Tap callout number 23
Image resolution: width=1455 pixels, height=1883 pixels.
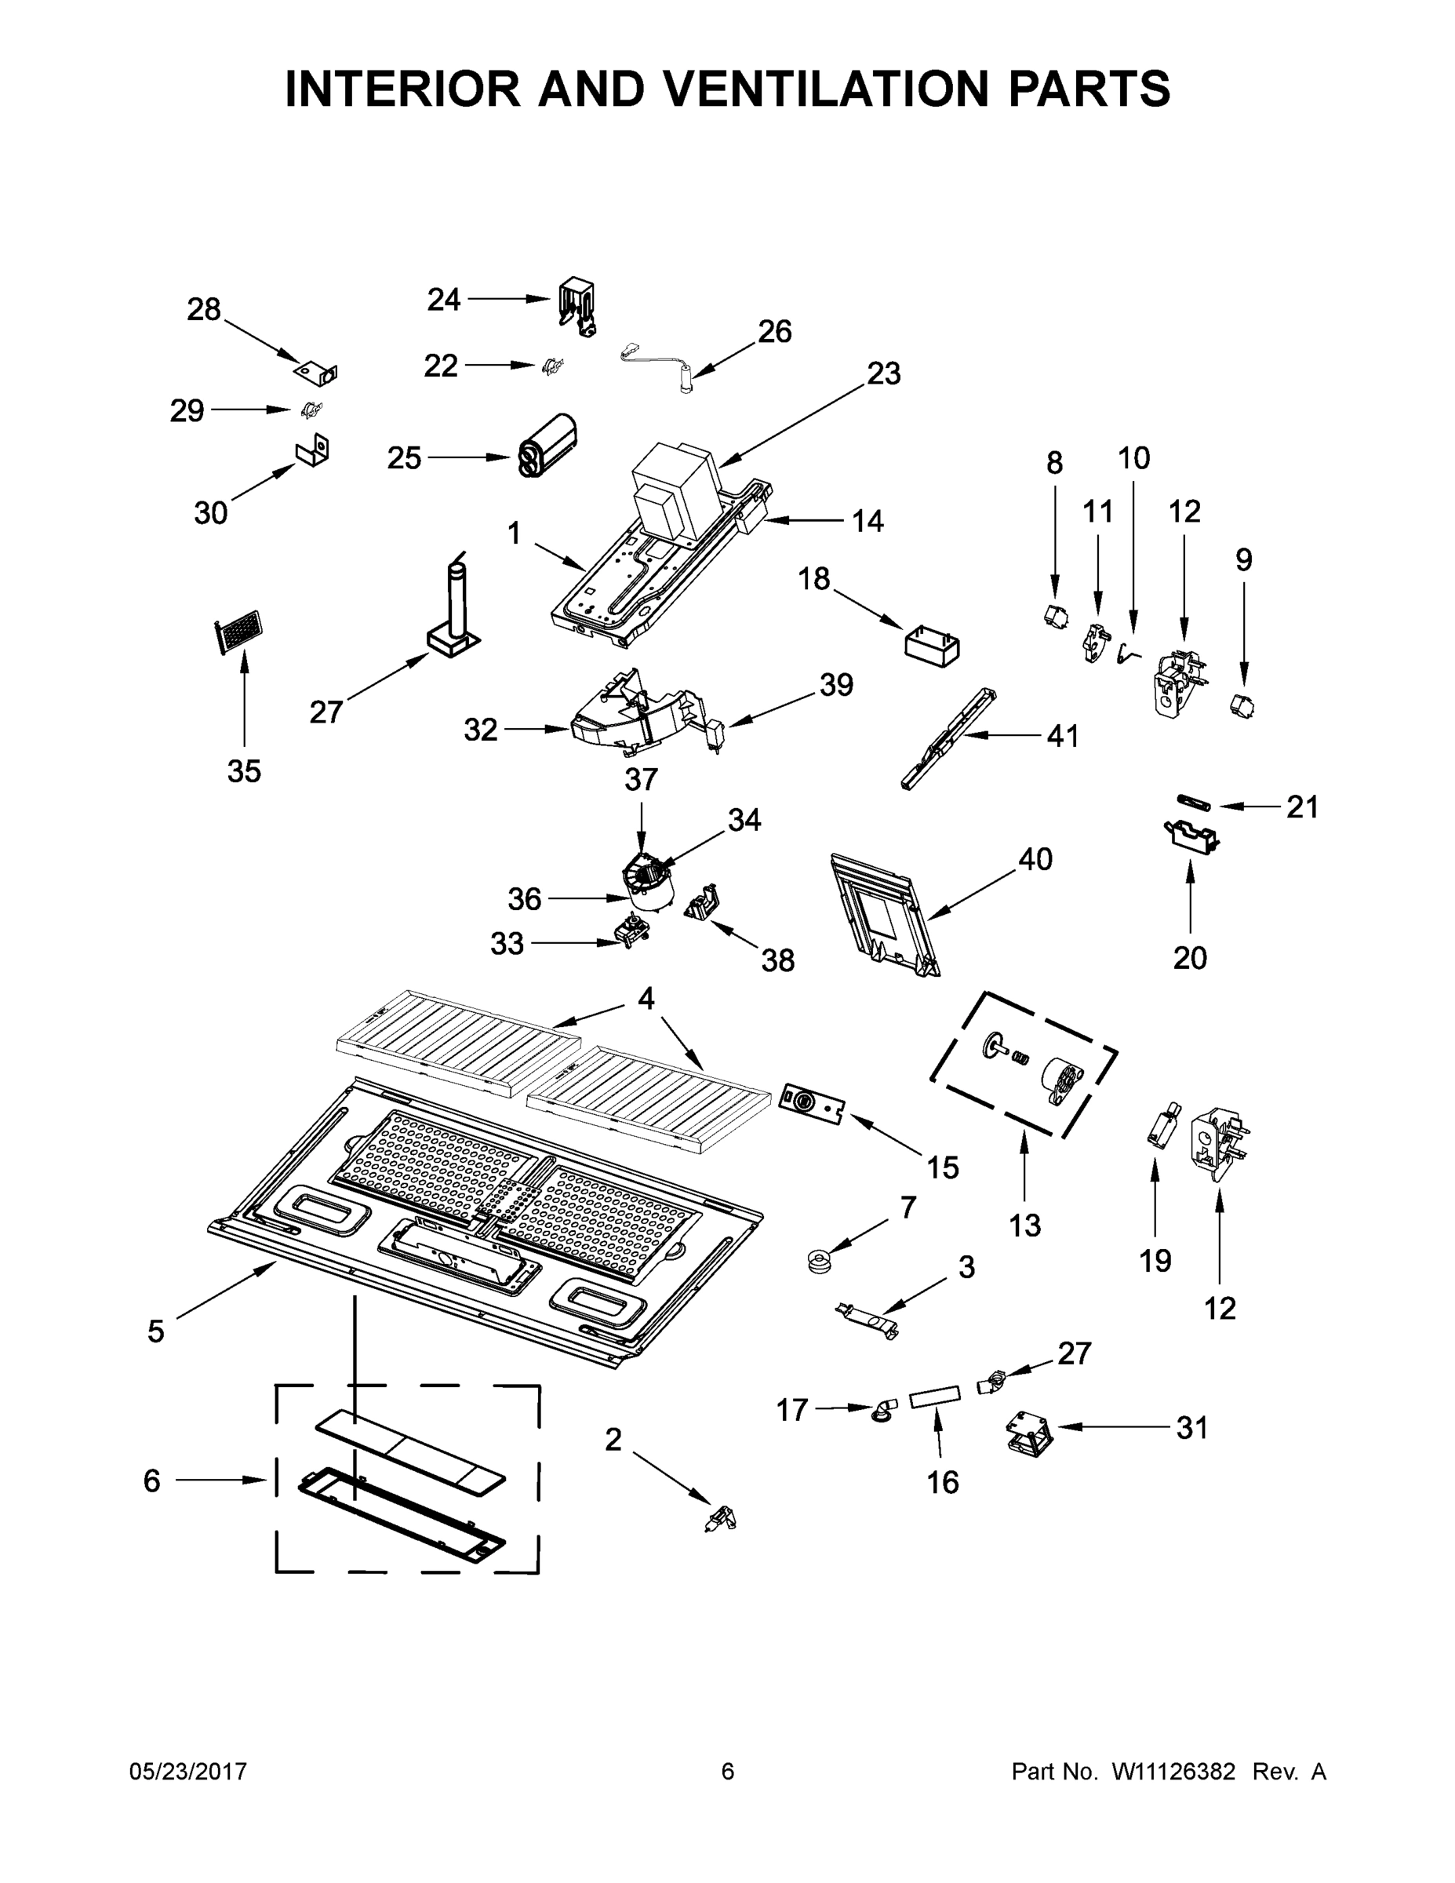tap(882, 373)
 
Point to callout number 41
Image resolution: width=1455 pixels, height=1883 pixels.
tap(1062, 735)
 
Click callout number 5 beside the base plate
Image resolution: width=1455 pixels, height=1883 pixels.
tap(155, 1331)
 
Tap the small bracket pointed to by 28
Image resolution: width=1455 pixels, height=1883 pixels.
tap(315, 373)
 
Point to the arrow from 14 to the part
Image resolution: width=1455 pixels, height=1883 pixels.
tap(802, 520)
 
